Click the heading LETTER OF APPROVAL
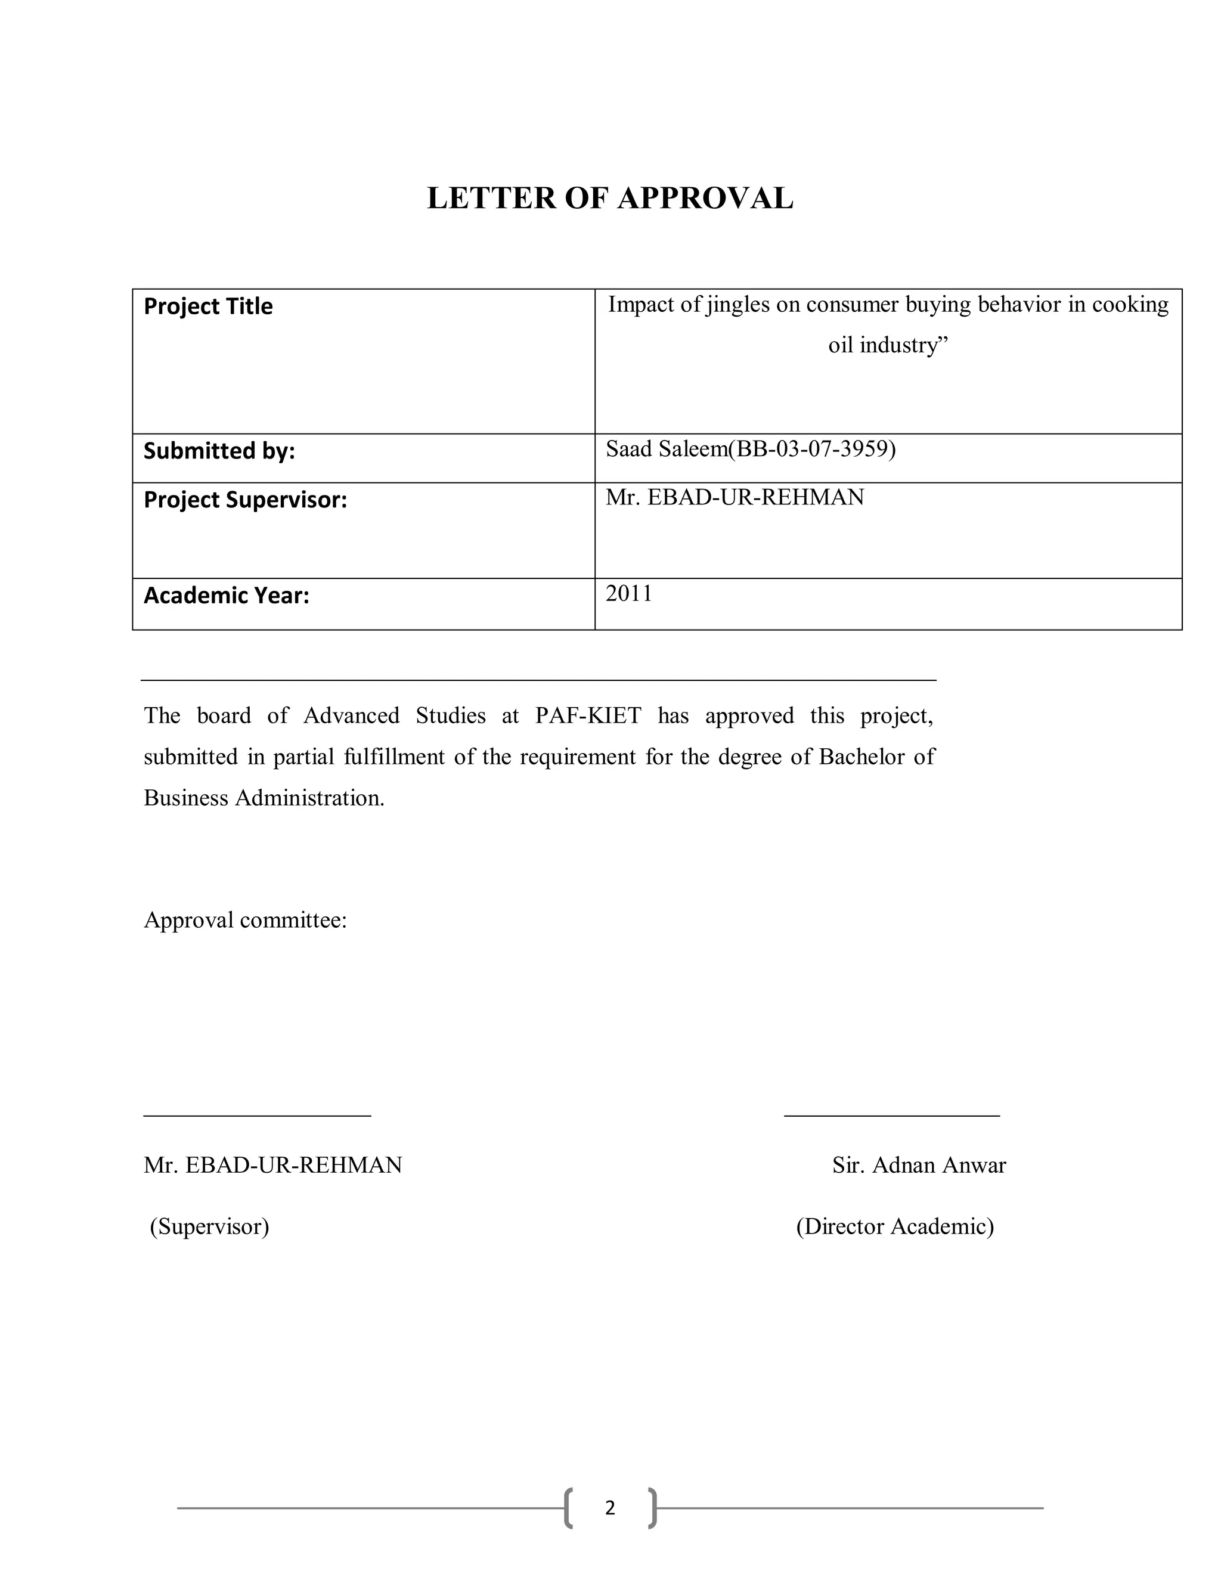610,198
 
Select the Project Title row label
208,306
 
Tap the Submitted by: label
219,451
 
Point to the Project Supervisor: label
245,500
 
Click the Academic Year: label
227,596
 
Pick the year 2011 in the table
628,593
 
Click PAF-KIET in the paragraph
587,715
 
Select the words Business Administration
264,798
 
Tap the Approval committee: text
245,920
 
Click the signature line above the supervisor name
257,1116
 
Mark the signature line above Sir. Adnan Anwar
891,1116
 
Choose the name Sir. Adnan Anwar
919,1166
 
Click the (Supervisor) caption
209,1227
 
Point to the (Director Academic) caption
895,1227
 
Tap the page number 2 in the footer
610,1508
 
